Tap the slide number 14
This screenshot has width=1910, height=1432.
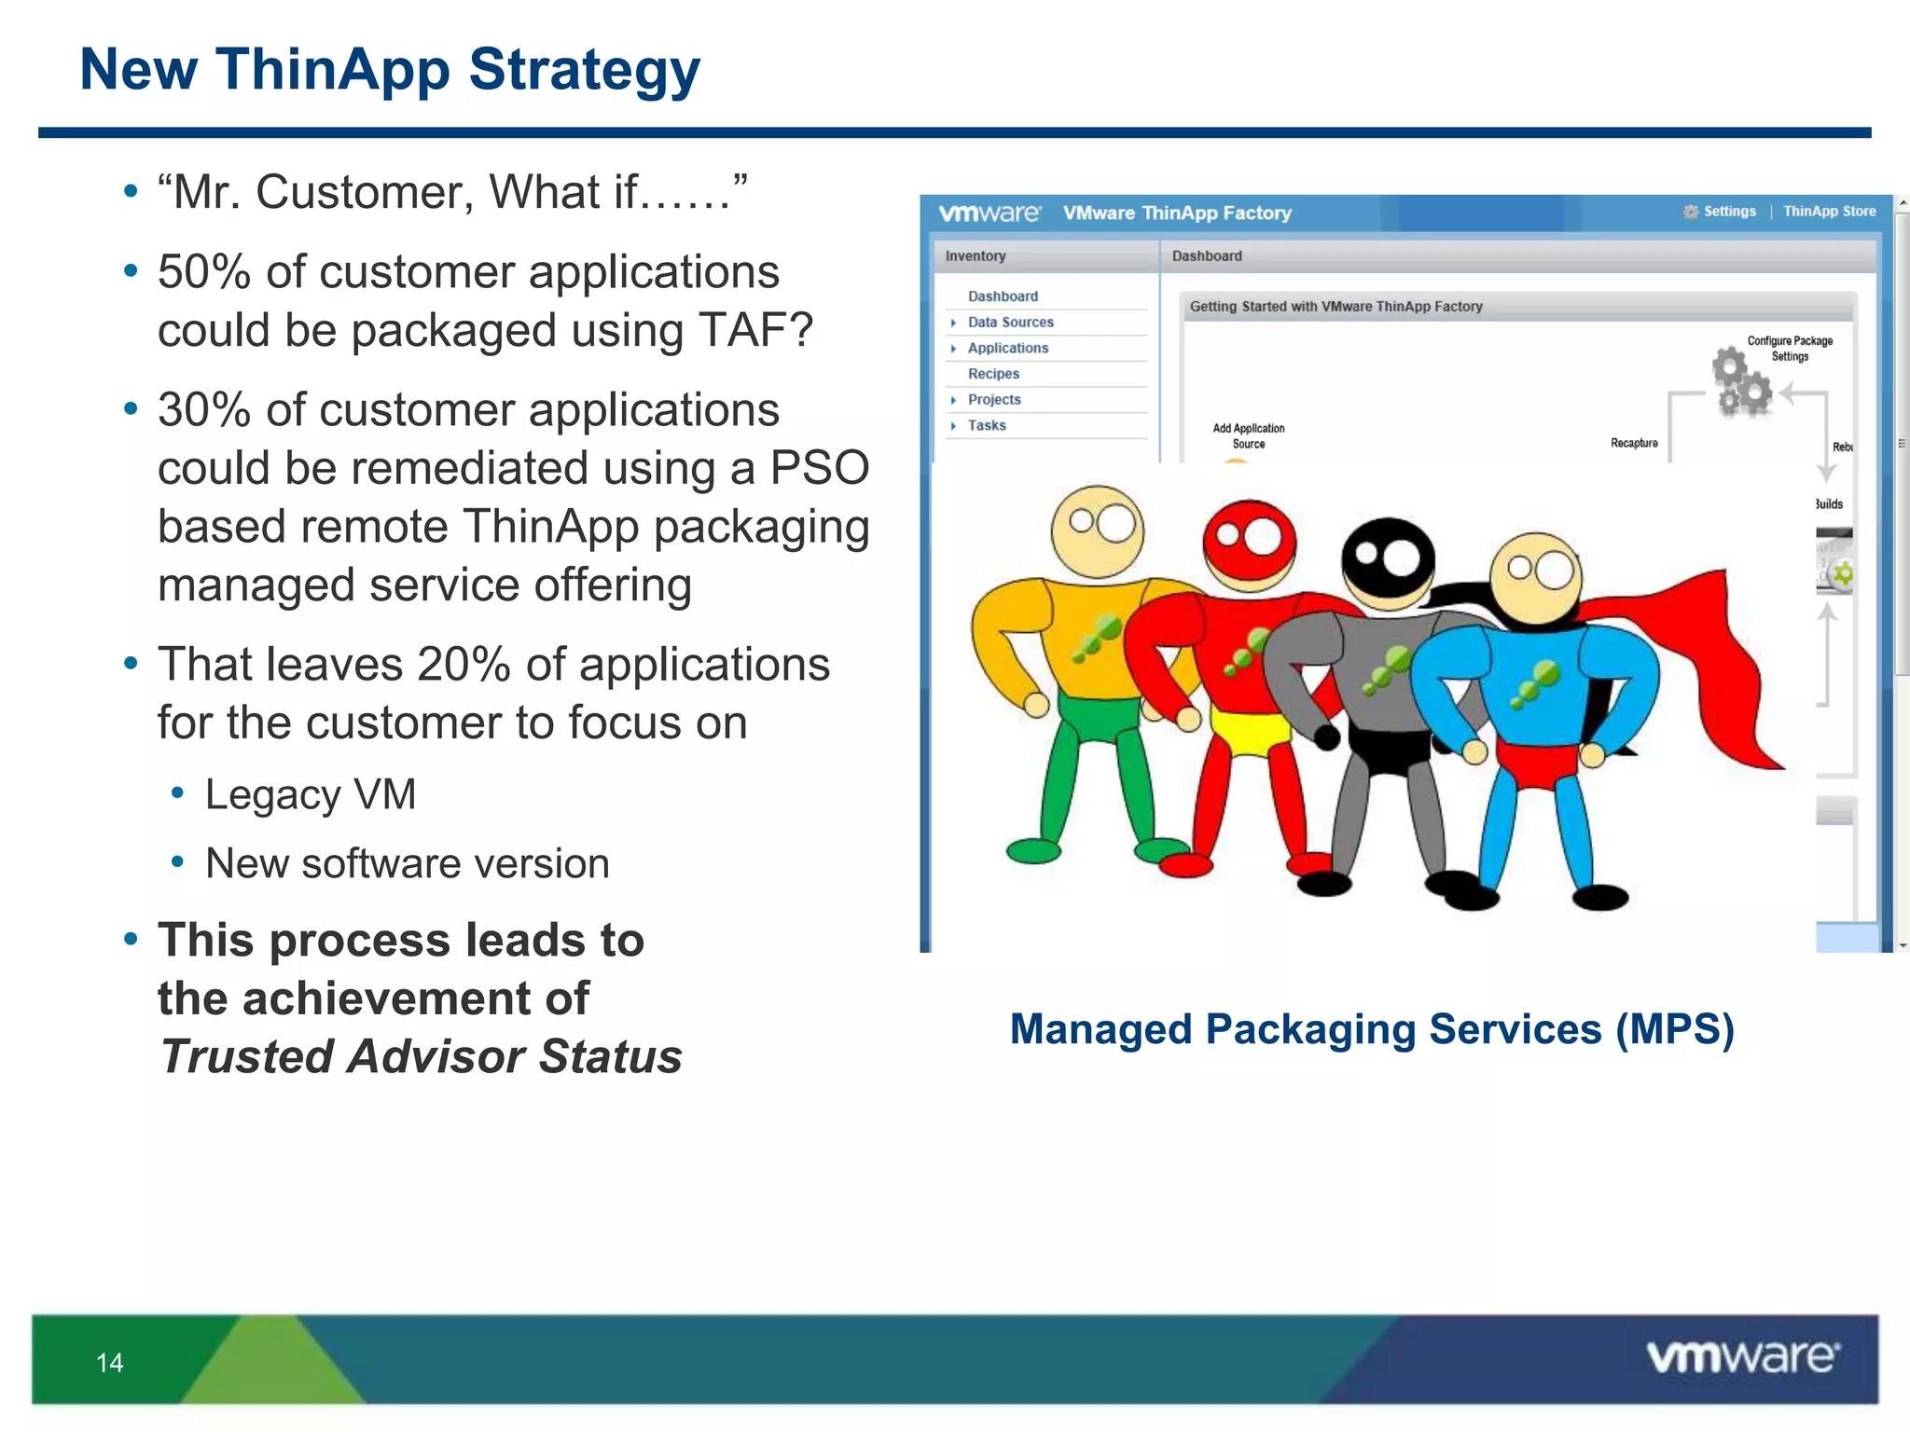tap(109, 1363)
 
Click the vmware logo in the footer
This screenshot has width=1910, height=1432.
tap(1742, 1357)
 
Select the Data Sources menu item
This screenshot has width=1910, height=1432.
tap(1010, 323)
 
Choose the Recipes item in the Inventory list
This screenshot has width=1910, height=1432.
tap(993, 374)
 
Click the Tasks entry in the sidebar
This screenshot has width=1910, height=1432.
tap(987, 426)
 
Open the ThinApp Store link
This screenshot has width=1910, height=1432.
tap(1829, 212)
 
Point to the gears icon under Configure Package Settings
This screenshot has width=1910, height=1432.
tap(1741, 381)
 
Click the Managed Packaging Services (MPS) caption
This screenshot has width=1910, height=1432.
tap(1372, 1030)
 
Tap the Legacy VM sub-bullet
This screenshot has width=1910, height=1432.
tap(310, 795)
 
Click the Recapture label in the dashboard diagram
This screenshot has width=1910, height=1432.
tap(1634, 444)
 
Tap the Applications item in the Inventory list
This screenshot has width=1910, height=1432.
tap(1007, 349)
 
